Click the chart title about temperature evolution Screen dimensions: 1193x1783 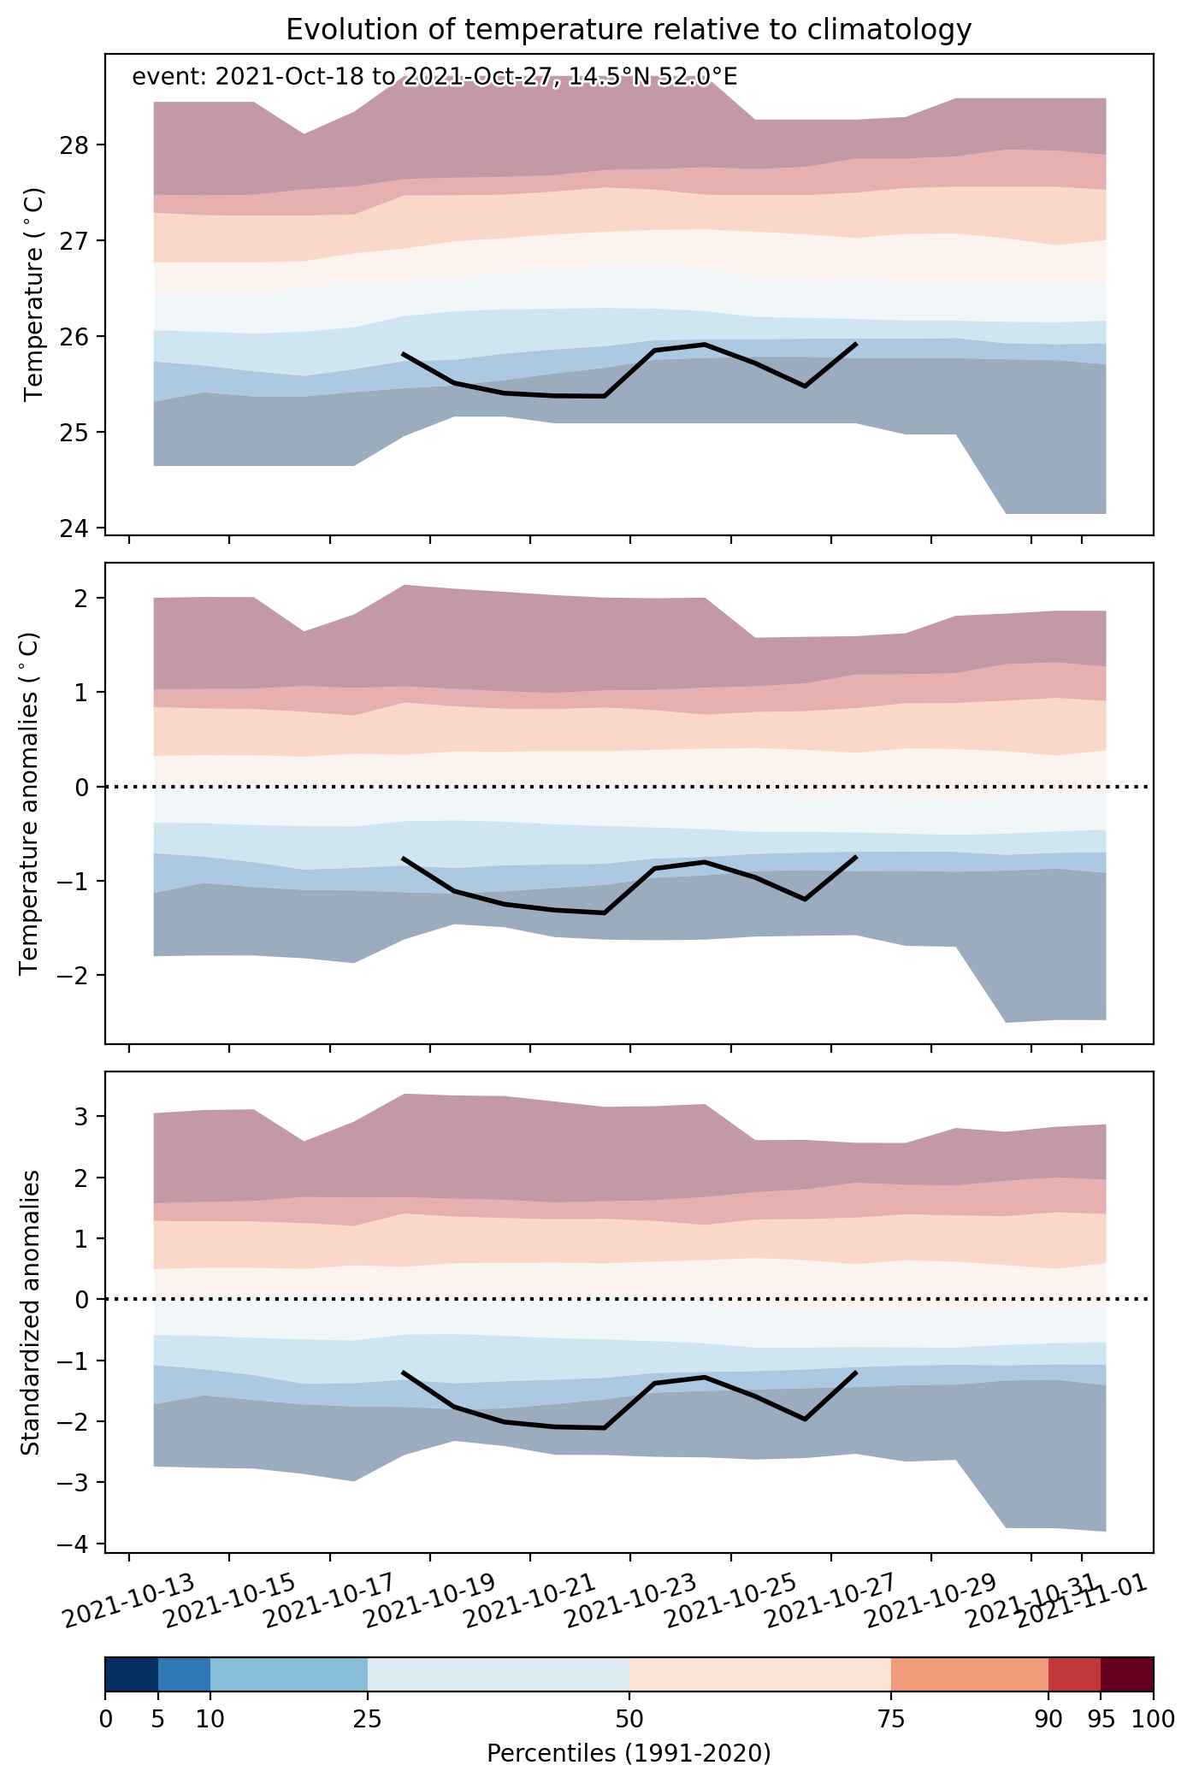[629, 30]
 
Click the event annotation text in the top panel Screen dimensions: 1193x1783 [434, 78]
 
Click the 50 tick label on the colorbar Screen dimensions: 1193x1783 [629, 1718]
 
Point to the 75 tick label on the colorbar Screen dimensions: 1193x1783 [891, 1718]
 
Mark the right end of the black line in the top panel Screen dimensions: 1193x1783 [856, 344]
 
